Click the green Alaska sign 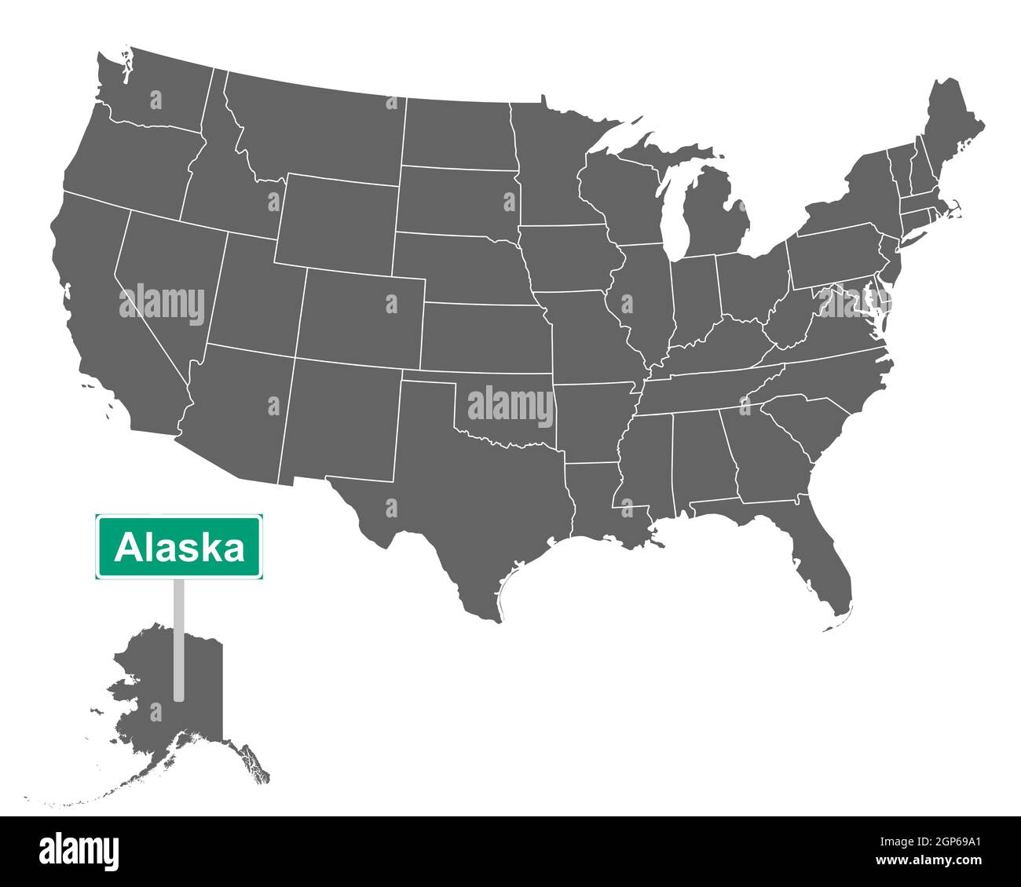[x=179, y=547]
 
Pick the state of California [x=102, y=314]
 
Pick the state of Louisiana [x=597, y=502]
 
